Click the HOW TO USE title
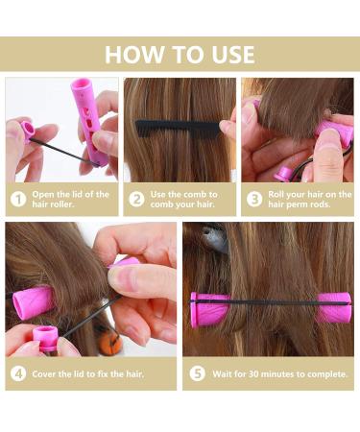point(180,54)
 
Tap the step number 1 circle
point(17,201)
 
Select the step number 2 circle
point(136,201)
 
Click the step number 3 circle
point(254,201)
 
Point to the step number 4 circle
point(17,373)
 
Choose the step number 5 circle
point(197,373)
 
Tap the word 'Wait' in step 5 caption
point(224,373)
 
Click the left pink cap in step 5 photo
point(208,310)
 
